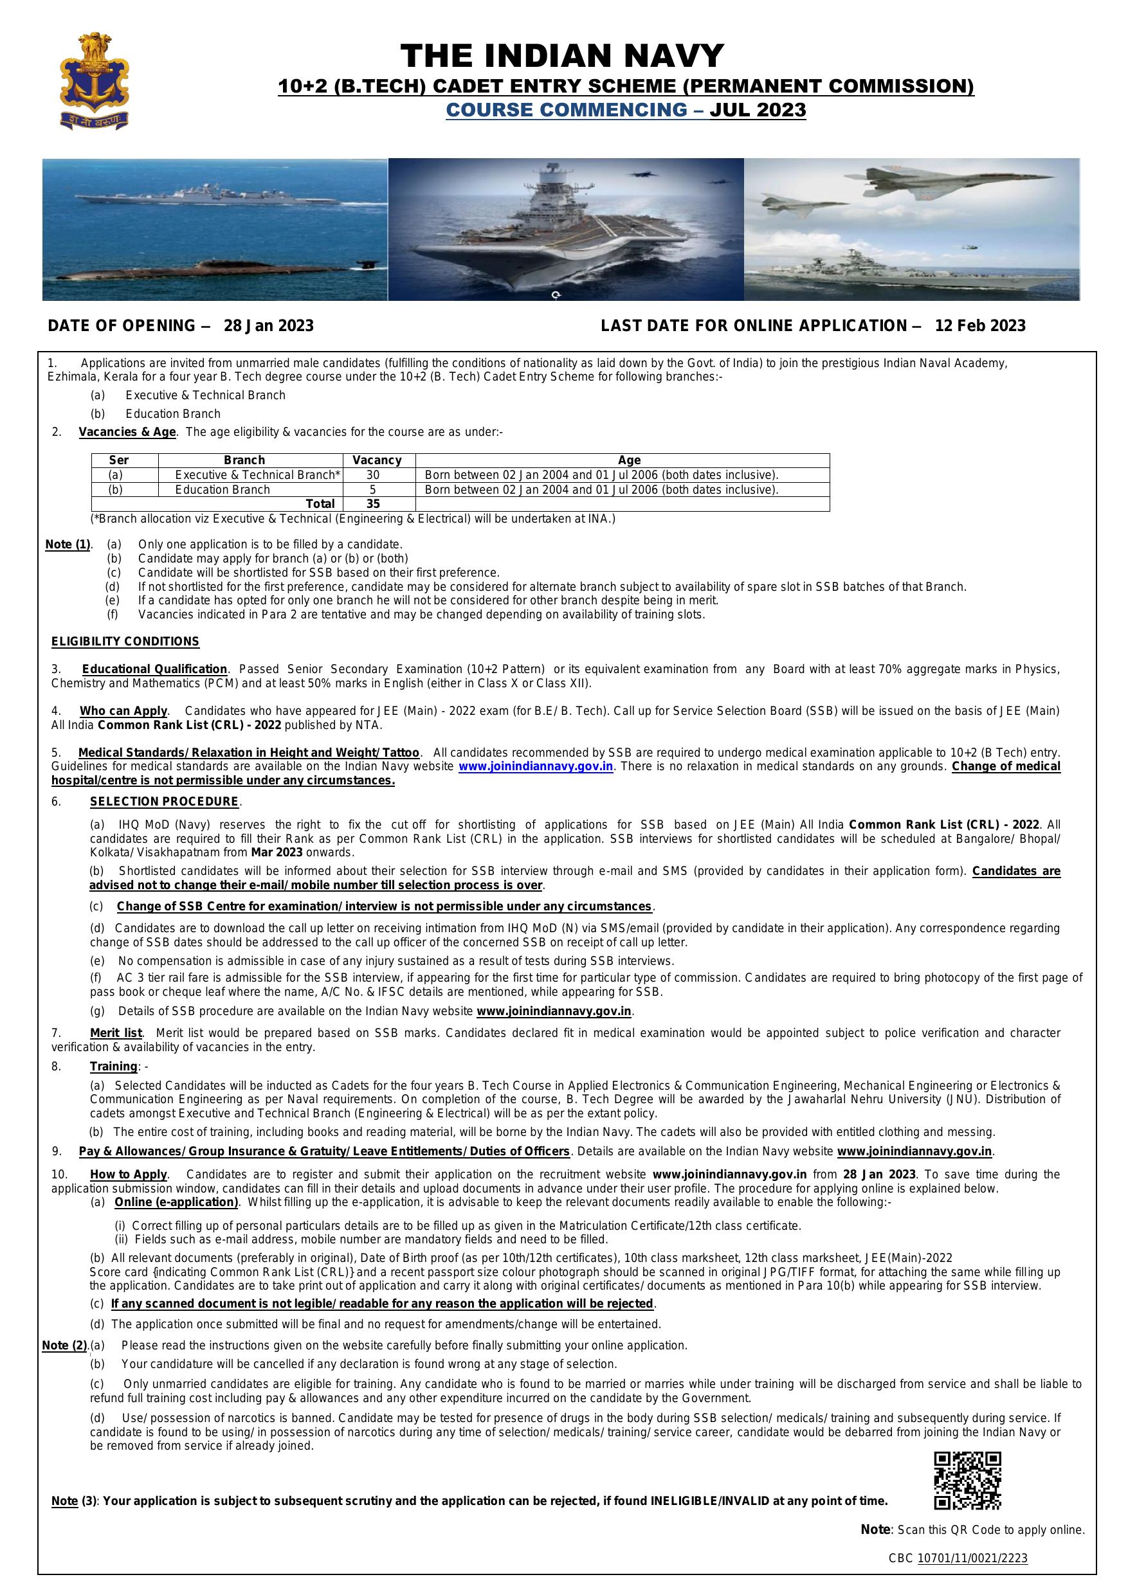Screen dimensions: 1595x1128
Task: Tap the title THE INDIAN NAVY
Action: pos(562,55)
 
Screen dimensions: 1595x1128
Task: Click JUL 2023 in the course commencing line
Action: pos(758,110)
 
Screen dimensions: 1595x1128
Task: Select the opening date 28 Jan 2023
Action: pos(268,326)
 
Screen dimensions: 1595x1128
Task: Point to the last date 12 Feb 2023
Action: pos(980,326)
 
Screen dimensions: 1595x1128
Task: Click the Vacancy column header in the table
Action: pos(378,460)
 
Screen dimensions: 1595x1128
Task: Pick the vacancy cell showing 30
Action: pos(373,475)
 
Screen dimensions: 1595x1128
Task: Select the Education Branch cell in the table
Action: pos(223,490)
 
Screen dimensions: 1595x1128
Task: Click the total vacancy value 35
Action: pos(373,503)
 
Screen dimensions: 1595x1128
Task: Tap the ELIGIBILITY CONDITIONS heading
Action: pos(125,641)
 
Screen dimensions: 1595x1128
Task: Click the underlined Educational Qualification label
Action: pos(155,669)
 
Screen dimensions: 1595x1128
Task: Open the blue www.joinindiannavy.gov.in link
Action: pos(535,766)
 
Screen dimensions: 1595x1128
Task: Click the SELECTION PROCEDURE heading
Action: pos(164,801)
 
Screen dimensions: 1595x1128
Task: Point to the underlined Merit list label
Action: pos(116,1033)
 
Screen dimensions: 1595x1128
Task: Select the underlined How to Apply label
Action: pos(129,1174)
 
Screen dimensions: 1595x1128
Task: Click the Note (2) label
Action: pos(66,1345)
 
